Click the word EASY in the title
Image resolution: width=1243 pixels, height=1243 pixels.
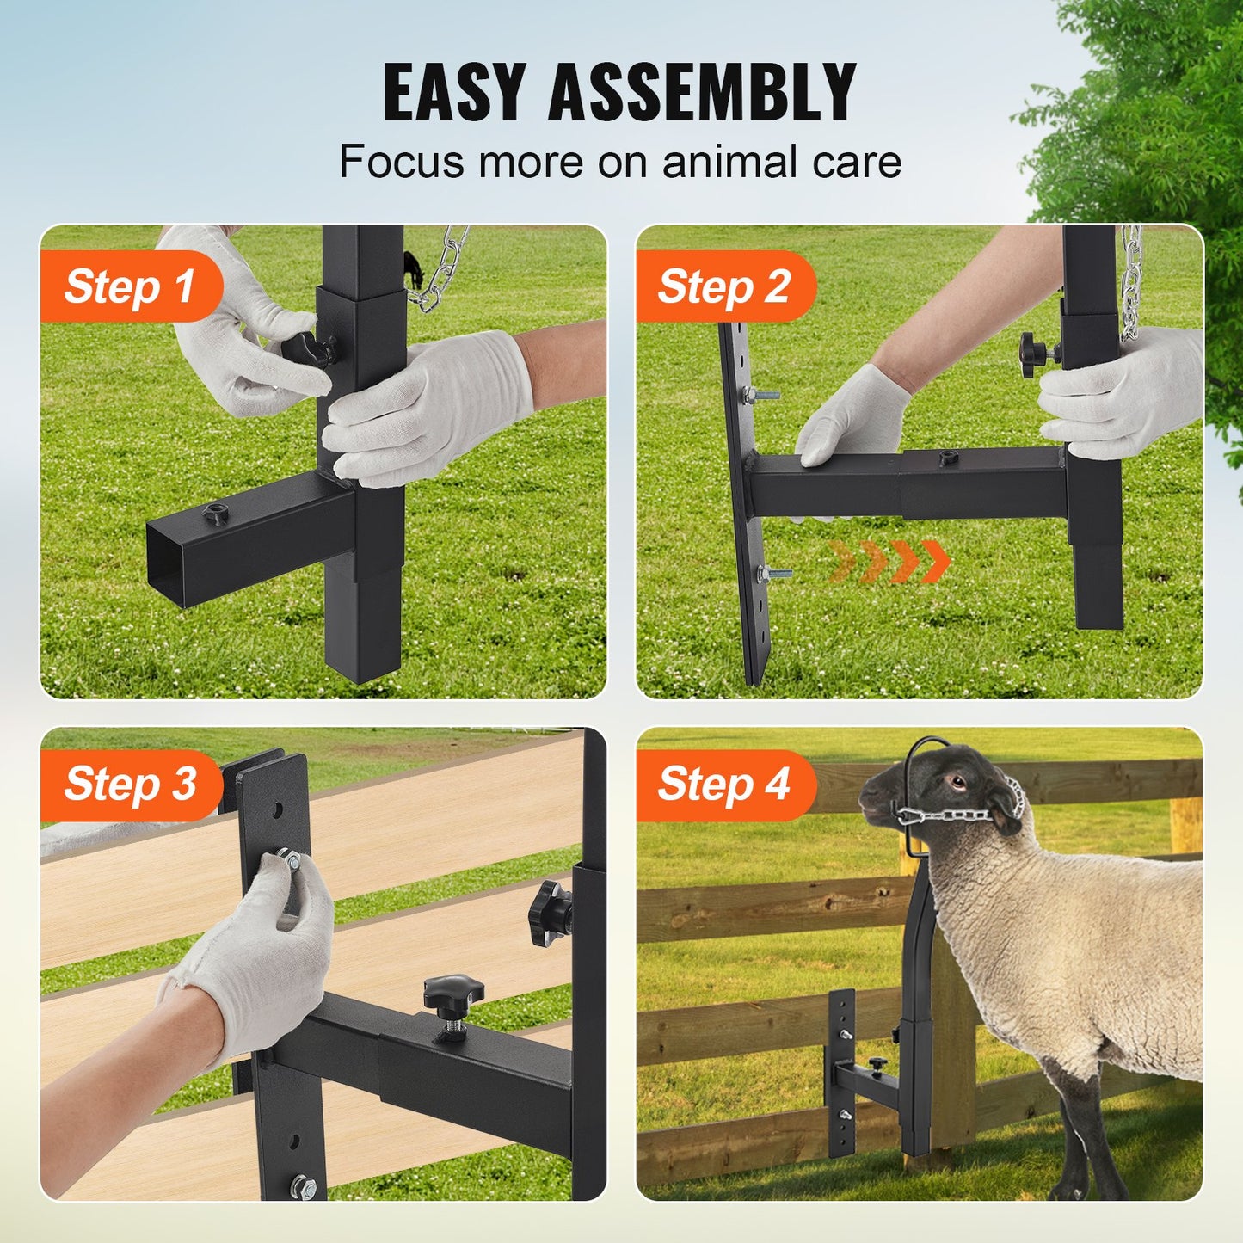tap(453, 92)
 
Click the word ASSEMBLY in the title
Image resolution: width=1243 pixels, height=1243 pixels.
tap(701, 92)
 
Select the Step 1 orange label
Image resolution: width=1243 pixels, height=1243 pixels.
tap(129, 286)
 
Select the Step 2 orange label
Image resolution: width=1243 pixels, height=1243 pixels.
tap(723, 286)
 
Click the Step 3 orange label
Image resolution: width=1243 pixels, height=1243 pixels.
tap(130, 785)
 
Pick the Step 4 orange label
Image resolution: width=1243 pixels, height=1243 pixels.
tap(723, 785)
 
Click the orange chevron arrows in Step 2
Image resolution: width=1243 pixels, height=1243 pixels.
tap(890, 562)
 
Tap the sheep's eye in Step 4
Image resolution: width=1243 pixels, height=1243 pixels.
tap(956, 782)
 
